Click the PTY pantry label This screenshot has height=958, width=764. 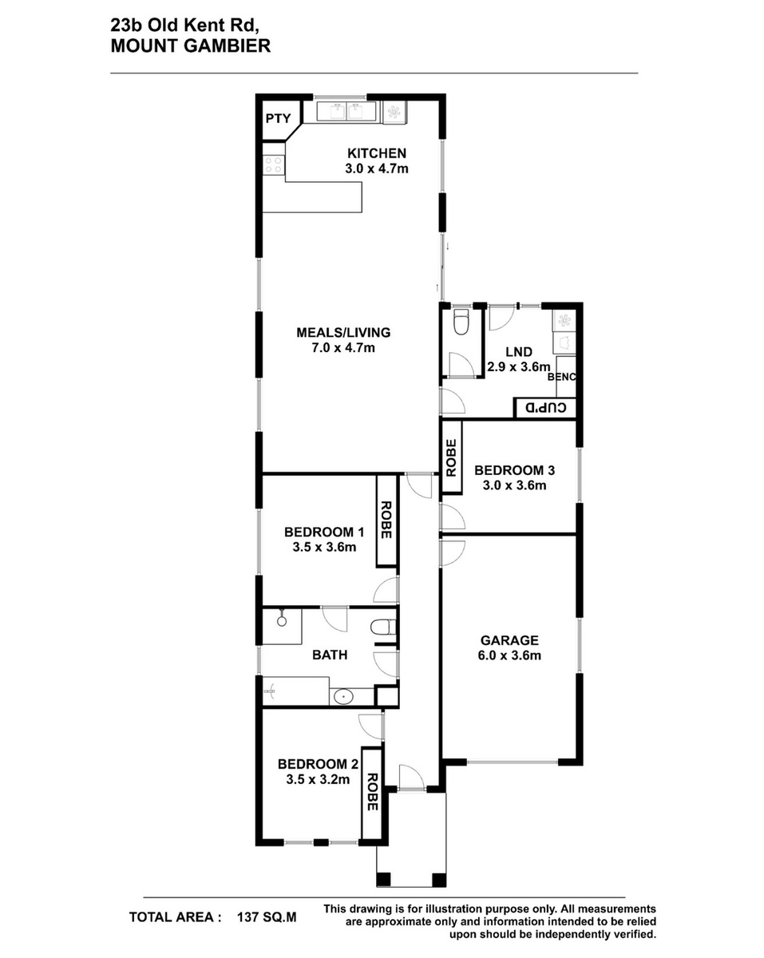278,118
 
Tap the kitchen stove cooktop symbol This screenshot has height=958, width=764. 273,164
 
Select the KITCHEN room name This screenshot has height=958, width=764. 376,153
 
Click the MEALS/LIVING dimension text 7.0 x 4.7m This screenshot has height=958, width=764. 342,348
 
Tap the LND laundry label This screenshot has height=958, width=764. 519,352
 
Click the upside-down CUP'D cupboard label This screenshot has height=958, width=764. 546,407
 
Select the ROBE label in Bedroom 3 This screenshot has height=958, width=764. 451,458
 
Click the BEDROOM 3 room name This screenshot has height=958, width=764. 514,470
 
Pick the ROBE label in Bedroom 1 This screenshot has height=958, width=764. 386,520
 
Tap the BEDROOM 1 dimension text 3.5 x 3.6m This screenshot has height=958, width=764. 324,547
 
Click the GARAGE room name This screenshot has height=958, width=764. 509,640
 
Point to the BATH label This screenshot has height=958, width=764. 330,655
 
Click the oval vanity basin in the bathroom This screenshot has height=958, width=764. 343,697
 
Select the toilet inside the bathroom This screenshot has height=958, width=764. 382,627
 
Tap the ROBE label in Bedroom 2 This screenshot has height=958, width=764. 372,792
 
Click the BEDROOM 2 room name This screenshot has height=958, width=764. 318,764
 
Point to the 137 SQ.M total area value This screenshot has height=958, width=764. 267,917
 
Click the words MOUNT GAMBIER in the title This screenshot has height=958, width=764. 191,46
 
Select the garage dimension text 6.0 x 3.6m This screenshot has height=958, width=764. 509,655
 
